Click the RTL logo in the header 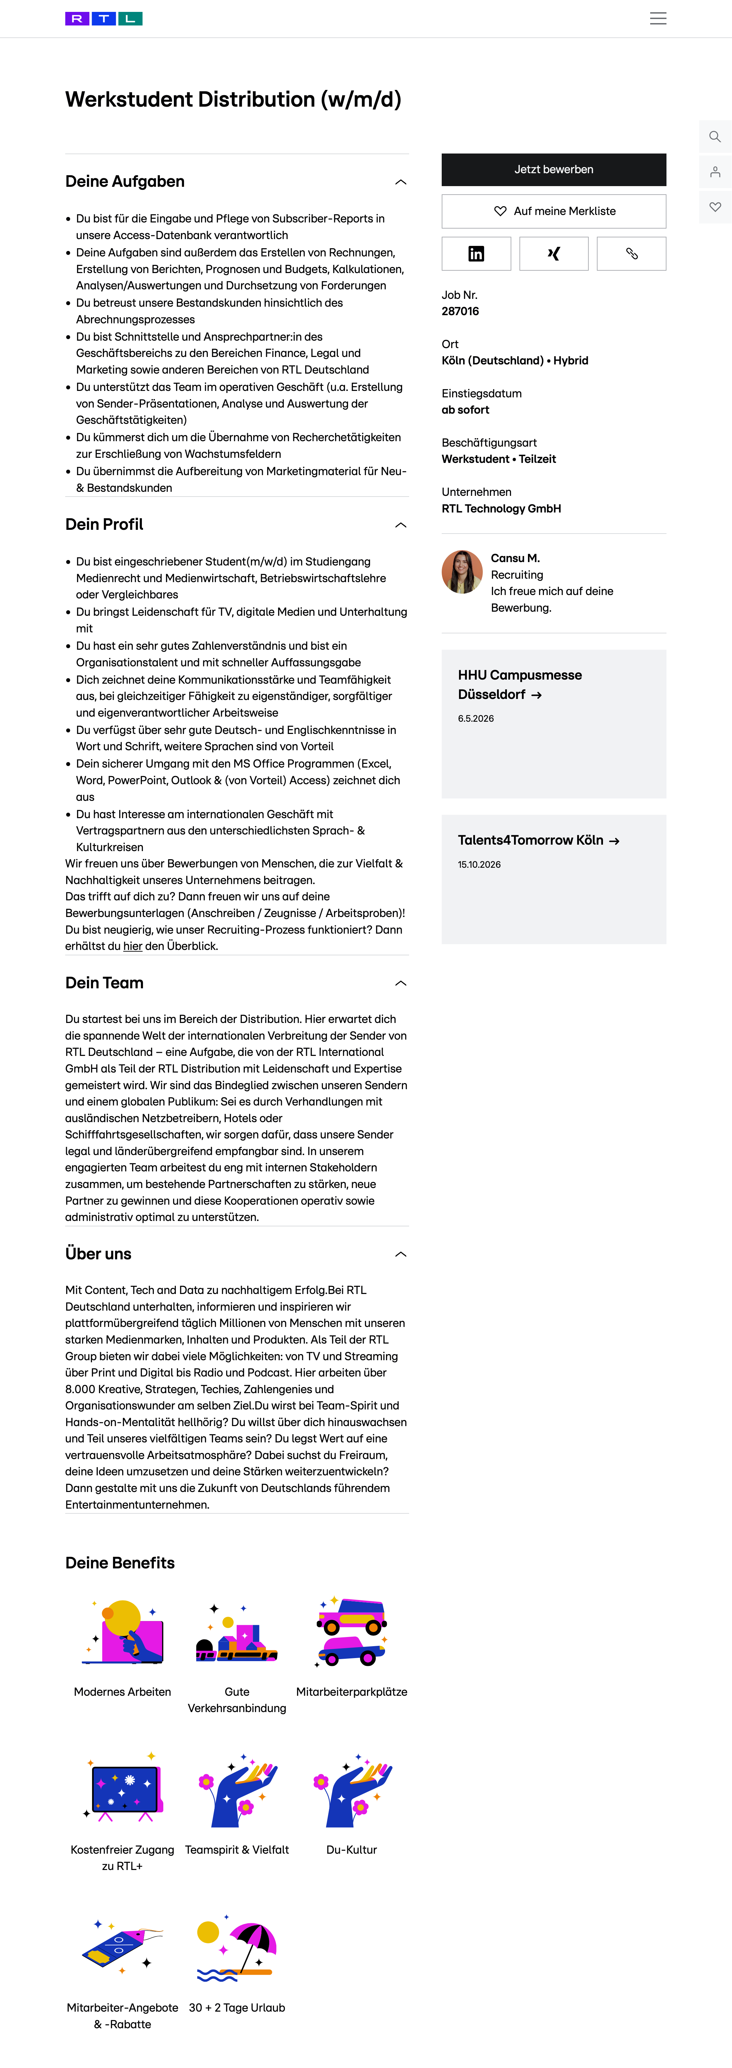(x=104, y=18)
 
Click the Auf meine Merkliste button (x=554, y=211)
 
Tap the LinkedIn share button (x=476, y=254)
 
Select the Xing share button (x=554, y=254)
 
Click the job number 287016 (x=460, y=311)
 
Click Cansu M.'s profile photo (x=461, y=572)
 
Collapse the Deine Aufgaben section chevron (x=401, y=182)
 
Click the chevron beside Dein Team (x=401, y=984)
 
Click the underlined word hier (x=132, y=947)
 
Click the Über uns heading (x=98, y=1254)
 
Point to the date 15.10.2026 (x=479, y=865)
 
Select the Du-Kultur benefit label (x=351, y=1850)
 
